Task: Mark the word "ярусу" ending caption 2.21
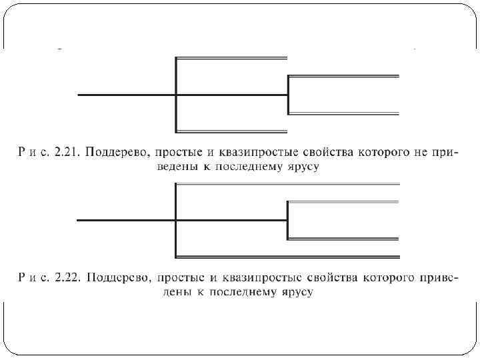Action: (302, 167)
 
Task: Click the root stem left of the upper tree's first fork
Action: (127, 95)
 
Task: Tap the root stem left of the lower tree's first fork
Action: (127, 219)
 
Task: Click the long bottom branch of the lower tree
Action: (287, 256)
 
